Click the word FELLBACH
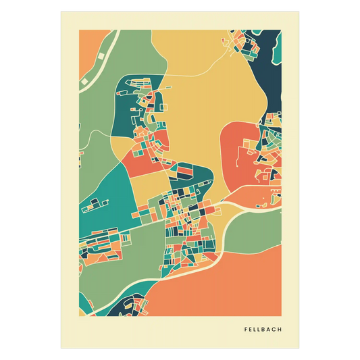263,330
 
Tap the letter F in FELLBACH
246,330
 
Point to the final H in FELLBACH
280,330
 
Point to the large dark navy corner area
270,81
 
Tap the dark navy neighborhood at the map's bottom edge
128,307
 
